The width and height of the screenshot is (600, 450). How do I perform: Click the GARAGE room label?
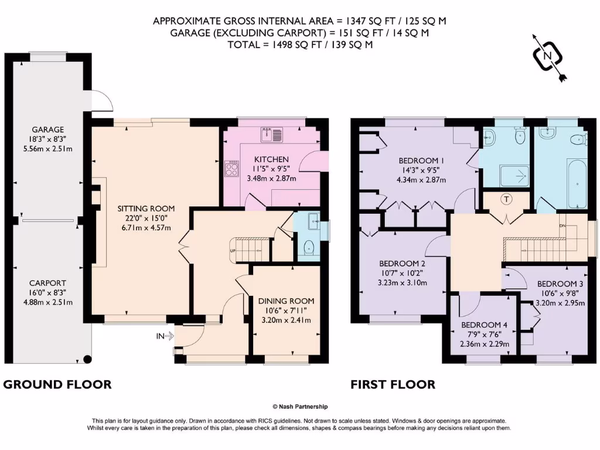pos(48,129)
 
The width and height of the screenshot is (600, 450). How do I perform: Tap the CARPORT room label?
pos(48,282)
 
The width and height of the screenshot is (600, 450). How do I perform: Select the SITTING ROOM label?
pos(146,208)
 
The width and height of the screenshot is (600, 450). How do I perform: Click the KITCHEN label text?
pos(271,159)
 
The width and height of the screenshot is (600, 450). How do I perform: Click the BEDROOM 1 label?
pos(421,161)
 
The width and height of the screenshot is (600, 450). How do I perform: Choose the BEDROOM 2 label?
pos(401,263)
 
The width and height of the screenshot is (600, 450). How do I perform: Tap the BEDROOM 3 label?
pos(560,284)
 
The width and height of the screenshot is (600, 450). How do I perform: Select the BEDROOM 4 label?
pos(484,325)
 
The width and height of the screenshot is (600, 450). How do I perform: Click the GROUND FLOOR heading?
pos(57,384)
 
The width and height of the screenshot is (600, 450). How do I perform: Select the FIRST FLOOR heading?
pos(393,384)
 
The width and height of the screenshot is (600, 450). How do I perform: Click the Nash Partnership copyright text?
pos(300,407)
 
